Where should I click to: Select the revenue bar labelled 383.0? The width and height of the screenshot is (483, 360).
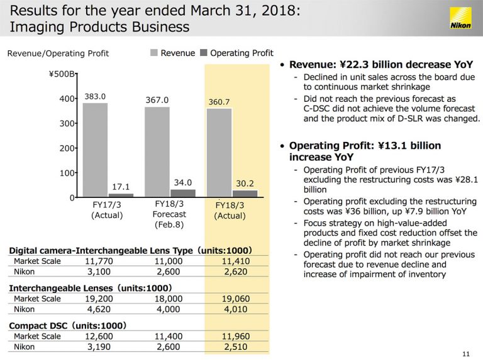click(95, 150)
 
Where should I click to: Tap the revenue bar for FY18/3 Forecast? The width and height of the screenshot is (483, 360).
click(157, 152)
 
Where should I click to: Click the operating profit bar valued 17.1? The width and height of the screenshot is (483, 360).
click(120, 195)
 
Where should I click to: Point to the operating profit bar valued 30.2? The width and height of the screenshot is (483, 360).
click(245, 194)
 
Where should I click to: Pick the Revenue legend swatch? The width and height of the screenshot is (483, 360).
click(154, 53)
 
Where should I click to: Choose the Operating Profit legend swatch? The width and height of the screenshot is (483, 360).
click(204, 53)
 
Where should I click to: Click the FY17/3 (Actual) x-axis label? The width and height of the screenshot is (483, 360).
click(108, 210)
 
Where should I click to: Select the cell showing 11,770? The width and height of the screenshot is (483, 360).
click(97, 261)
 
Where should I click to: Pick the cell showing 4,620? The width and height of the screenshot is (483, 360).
click(99, 309)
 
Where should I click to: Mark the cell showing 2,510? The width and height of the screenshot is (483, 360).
click(235, 346)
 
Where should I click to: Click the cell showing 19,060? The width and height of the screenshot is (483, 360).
click(235, 298)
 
